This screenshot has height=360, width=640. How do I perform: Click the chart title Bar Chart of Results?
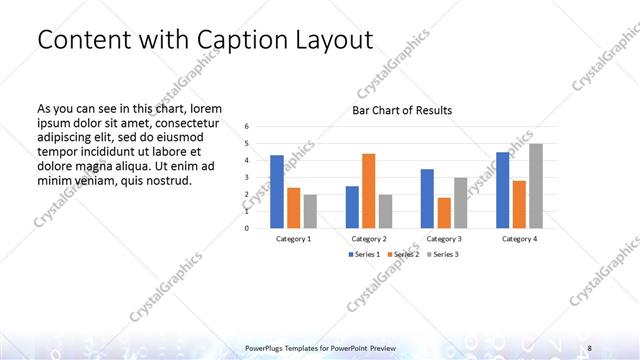click(x=402, y=110)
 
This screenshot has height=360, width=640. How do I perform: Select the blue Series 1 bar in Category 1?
click(x=277, y=191)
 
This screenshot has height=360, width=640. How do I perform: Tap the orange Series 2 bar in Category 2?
click(x=368, y=190)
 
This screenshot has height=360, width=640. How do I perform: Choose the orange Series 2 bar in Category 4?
click(x=519, y=203)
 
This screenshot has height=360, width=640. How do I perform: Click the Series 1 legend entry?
click(x=364, y=255)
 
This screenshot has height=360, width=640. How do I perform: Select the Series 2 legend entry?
click(x=402, y=255)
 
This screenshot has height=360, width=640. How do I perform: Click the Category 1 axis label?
click(x=294, y=239)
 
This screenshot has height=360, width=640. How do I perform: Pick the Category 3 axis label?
click(x=444, y=239)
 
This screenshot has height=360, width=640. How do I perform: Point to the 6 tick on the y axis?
click(x=247, y=127)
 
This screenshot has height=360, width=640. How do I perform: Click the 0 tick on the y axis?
click(x=247, y=227)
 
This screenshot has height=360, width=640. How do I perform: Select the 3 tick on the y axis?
click(x=247, y=177)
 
